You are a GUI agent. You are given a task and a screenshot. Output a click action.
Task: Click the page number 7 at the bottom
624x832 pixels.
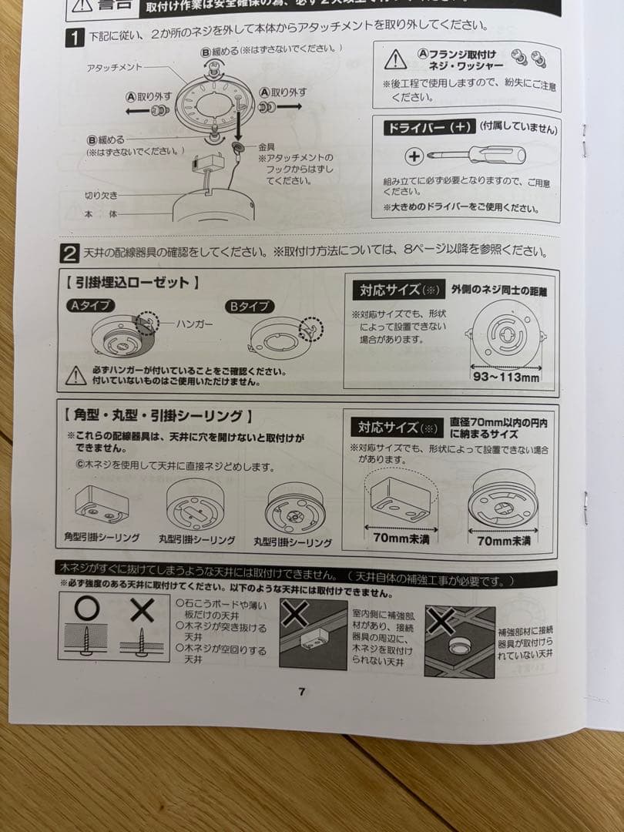point(301,691)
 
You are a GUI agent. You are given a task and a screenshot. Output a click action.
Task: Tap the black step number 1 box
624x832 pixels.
point(74,36)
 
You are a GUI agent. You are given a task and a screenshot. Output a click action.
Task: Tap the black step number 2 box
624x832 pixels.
point(69,253)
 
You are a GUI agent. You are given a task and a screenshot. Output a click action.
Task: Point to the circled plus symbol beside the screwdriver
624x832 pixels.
point(414,156)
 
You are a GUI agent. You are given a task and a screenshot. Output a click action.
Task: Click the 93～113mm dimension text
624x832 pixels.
point(505,377)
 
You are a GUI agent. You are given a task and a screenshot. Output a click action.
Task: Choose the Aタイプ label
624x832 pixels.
point(90,306)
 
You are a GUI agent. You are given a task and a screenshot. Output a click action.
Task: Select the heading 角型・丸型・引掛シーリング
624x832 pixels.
point(159,417)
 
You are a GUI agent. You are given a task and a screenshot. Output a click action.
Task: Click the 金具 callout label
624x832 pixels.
point(267,146)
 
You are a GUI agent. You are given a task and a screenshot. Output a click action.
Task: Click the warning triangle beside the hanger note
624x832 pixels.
point(75,375)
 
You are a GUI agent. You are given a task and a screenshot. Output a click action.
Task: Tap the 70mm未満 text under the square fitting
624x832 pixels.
point(401,538)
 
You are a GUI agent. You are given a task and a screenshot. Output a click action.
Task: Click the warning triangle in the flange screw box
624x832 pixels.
point(395,59)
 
